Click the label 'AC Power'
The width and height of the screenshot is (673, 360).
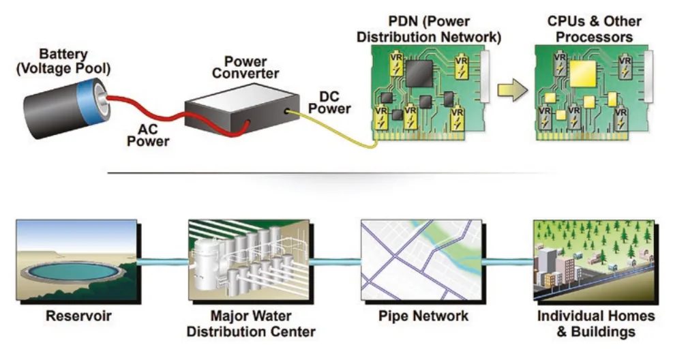pyautogui.click(x=148, y=135)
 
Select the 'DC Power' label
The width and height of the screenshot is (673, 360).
pyautogui.click(x=329, y=102)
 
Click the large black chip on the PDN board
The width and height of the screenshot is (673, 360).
pyautogui.click(x=419, y=73)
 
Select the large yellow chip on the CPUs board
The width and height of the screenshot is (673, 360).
pyautogui.click(x=582, y=74)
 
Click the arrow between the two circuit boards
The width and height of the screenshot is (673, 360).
pyautogui.click(x=513, y=91)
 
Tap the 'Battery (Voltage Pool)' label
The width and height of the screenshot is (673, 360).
pyautogui.click(x=63, y=61)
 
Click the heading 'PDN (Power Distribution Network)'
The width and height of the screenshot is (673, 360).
pyautogui.click(x=429, y=29)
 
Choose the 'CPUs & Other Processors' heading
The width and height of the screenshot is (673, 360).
pyautogui.click(x=594, y=29)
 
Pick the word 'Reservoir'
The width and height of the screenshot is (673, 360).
pyautogui.click(x=78, y=316)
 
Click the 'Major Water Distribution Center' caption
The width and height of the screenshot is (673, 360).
pyautogui.click(x=251, y=324)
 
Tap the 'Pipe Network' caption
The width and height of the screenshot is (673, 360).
pyautogui.click(x=423, y=316)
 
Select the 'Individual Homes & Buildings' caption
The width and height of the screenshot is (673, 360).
pyautogui.click(x=596, y=324)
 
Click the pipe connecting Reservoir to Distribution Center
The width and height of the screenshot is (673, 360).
pyautogui.click(x=163, y=262)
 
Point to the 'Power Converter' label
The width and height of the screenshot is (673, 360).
pyautogui.click(x=245, y=67)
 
